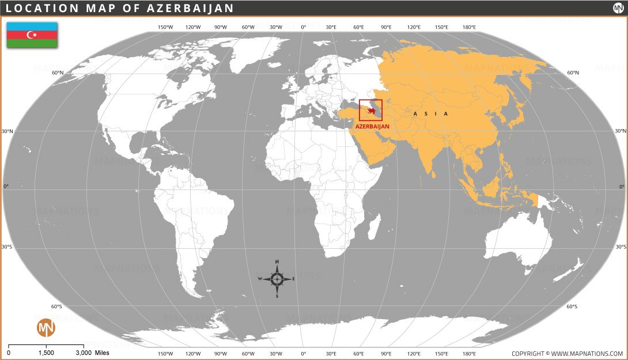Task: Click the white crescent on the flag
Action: pyautogui.click(x=31, y=35)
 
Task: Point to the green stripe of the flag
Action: pyautogui.click(x=32, y=43)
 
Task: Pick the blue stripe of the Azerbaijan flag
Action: pyautogui.click(x=32, y=26)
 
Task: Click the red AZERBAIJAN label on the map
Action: pyautogui.click(x=372, y=126)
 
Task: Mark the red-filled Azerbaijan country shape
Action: pyautogui.click(x=372, y=110)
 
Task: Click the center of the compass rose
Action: pyautogui.click(x=277, y=279)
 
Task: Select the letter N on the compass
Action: pyautogui.click(x=277, y=262)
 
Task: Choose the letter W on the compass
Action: pyautogui.click(x=260, y=279)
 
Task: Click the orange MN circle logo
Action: pyautogui.click(x=46, y=328)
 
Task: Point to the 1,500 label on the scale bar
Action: pyautogui.click(x=46, y=353)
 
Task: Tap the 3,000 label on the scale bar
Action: pyautogui.click(x=84, y=353)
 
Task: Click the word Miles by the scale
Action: pyautogui.click(x=102, y=353)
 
